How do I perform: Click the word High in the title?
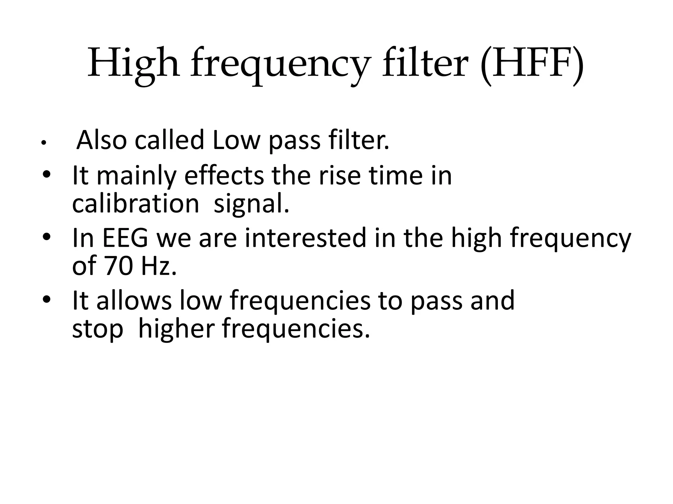133,64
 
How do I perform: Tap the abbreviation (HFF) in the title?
532,64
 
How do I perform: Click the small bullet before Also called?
43,143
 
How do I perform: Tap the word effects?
224,176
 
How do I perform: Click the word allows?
134,301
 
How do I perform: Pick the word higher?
176,329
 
